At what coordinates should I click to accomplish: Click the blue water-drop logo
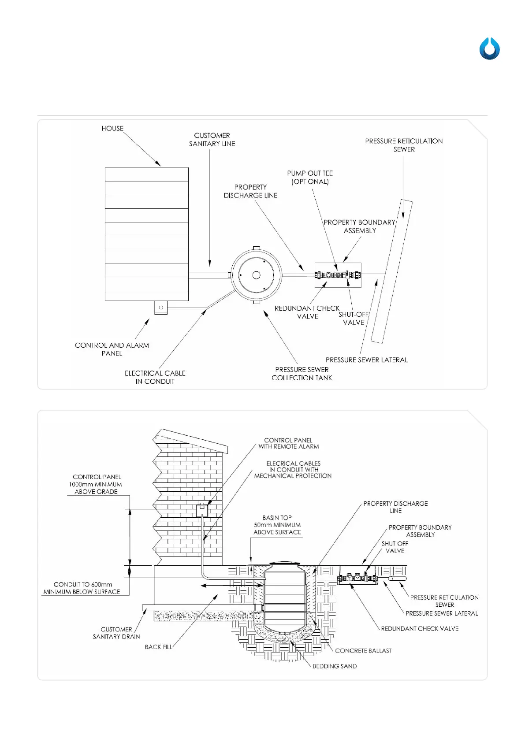[489, 49]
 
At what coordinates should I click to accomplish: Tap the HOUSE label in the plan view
[112, 129]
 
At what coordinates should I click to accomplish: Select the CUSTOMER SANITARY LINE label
[212, 140]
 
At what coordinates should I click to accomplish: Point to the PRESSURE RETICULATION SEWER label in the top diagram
[404, 145]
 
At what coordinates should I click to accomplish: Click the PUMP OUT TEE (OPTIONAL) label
[310, 178]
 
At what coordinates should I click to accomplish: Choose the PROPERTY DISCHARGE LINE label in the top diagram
[250, 191]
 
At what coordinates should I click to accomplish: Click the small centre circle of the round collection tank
[256, 275]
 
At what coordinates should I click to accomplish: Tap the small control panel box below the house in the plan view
[161, 308]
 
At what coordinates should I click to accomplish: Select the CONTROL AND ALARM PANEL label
[112, 349]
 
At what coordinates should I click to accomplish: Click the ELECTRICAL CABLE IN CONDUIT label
[155, 377]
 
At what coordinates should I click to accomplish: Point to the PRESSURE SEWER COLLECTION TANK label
[302, 374]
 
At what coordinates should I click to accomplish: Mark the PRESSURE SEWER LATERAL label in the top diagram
[367, 360]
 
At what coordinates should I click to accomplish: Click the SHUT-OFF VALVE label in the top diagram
[354, 319]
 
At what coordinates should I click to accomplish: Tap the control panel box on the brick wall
[202, 511]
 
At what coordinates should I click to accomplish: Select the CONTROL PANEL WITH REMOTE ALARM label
[289, 443]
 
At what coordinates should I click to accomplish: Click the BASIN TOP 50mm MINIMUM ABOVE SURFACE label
[277, 525]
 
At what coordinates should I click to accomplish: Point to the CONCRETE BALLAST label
[363, 651]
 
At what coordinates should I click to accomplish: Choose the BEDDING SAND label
[335, 666]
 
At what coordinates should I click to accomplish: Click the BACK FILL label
[159, 647]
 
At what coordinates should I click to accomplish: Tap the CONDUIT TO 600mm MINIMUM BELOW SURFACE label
[82, 588]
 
